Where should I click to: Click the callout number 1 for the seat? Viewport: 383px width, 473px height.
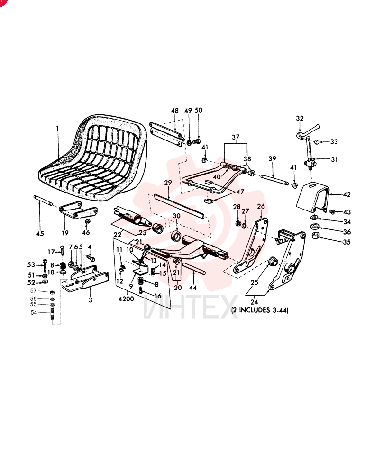tap(57, 129)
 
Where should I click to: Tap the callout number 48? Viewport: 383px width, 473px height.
tap(175, 111)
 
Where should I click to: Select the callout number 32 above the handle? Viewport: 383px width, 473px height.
tap(300, 118)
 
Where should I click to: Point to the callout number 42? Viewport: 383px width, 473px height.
tap(347, 194)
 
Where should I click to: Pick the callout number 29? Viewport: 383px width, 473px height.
tap(168, 183)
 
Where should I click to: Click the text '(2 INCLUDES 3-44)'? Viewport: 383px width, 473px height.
tap(260, 310)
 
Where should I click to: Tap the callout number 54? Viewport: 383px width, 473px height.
tap(34, 313)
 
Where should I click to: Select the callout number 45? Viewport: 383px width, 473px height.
tap(40, 234)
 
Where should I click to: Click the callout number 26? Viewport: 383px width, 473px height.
tap(261, 206)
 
